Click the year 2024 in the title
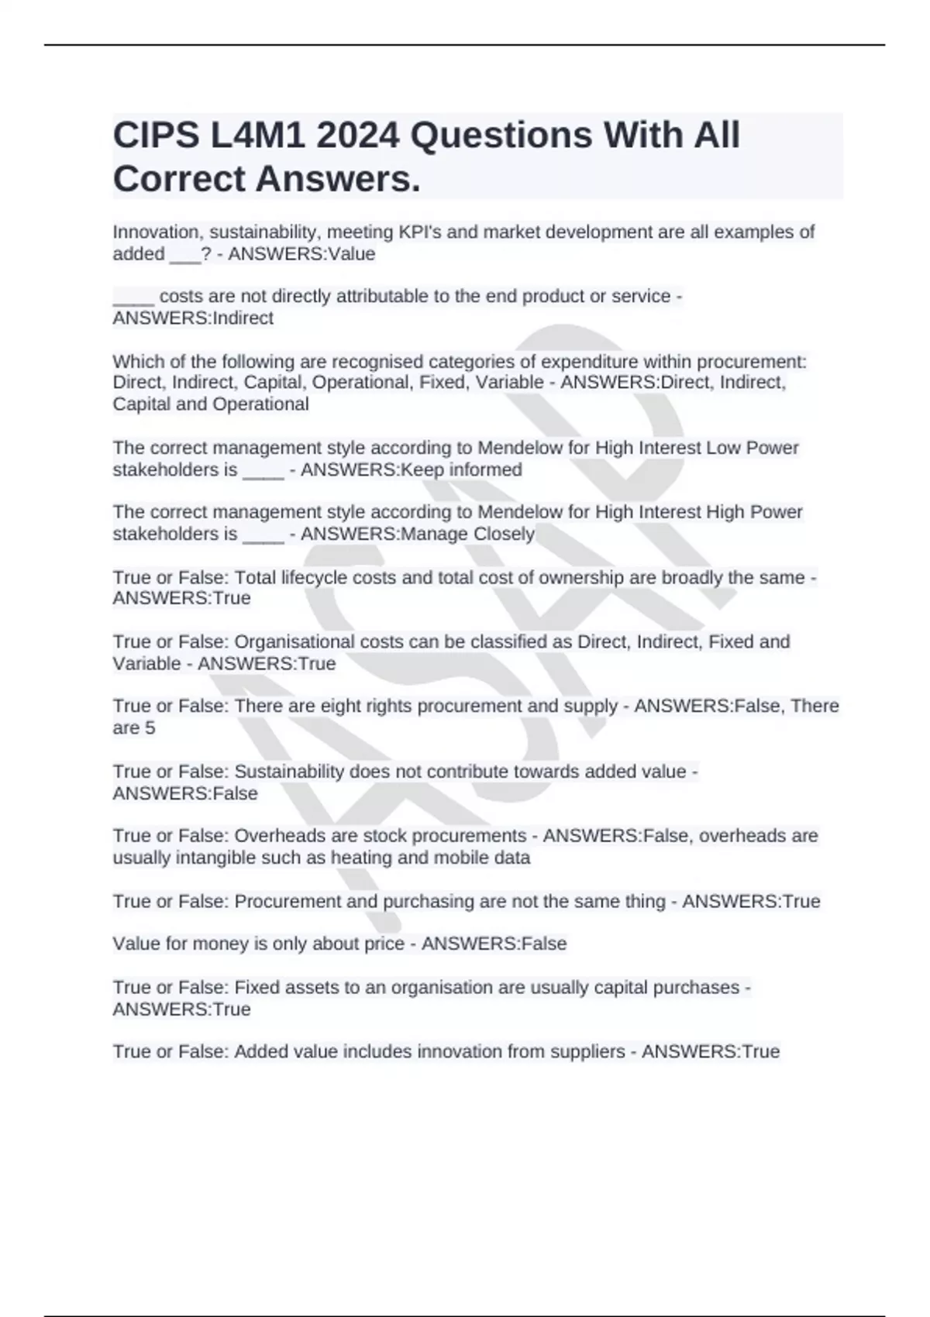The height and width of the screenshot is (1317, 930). coord(357,136)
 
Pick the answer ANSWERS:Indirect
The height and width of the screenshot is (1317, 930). coord(193,318)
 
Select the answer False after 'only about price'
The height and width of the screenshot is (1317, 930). coord(543,944)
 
